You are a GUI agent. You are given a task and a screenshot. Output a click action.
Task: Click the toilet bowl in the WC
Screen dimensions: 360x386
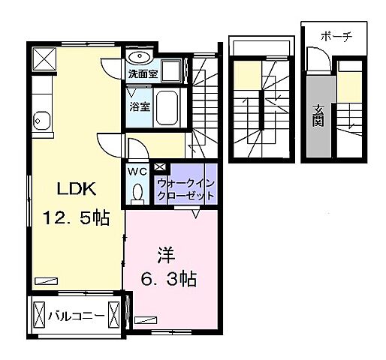point(137,193)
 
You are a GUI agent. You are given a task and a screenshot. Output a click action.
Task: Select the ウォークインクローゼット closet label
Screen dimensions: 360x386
point(185,187)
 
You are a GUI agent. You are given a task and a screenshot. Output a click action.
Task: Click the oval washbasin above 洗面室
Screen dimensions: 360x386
point(139,56)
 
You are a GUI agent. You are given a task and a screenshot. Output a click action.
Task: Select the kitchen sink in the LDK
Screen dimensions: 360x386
point(41,121)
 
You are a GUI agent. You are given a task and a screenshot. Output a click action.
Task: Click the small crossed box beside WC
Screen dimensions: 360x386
point(160,168)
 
